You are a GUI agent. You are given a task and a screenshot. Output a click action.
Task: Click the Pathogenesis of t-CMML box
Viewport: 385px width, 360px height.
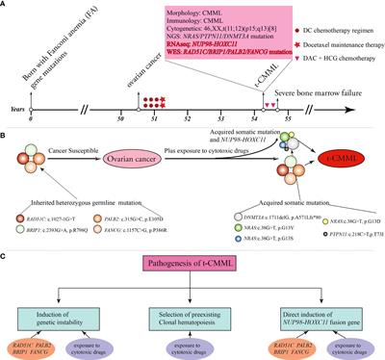[192, 265]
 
